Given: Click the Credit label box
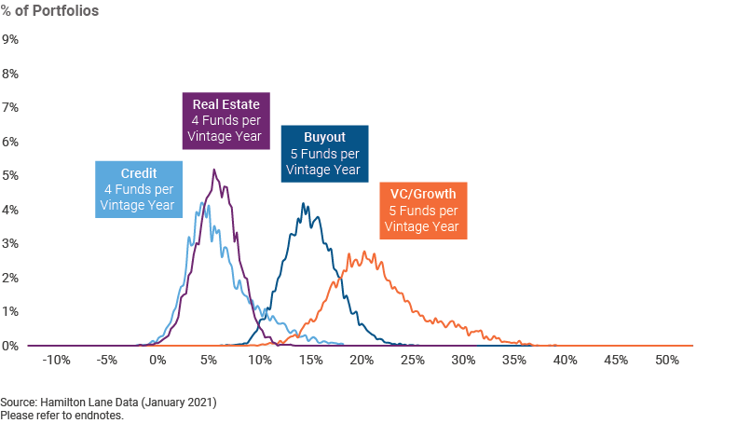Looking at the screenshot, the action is [139, 189].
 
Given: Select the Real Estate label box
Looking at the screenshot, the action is [226, 121].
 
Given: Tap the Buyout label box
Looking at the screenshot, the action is [325, 154].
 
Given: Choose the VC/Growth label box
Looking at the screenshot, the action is [424, 211].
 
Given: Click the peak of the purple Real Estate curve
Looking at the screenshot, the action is [214, 170].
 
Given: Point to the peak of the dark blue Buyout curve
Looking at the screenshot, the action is [304, 204].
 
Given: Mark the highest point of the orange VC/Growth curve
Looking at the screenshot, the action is [364, 252].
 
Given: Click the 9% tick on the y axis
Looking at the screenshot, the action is [10, 39].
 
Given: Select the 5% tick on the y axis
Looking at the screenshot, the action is [10, 175].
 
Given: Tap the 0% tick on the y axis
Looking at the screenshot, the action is [10, 346].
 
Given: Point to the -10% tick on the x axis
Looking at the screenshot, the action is [56, 361].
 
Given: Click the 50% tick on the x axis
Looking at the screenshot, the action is [667, 361].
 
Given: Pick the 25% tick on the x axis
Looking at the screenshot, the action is [413, 361].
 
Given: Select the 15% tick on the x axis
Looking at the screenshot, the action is [311, 361].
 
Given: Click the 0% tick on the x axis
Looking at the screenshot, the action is [157, 361].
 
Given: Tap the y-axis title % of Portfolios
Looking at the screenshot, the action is [50, 11].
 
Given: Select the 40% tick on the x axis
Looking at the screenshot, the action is [566, 361].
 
